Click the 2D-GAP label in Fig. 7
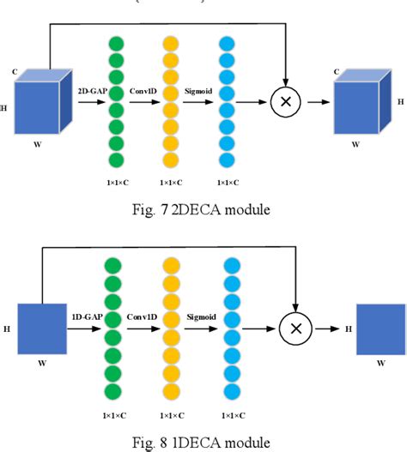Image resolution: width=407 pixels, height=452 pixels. (x=93, y=88)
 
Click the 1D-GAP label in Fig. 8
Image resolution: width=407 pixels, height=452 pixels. (x=88, y=316)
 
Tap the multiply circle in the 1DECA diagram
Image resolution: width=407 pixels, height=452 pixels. (x=295, y=328)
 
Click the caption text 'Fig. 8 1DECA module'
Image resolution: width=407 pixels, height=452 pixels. (x=203, y=442)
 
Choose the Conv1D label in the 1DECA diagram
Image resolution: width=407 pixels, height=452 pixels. (x=143, y=316)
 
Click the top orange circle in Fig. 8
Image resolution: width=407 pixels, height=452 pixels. (x=173, y=264)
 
